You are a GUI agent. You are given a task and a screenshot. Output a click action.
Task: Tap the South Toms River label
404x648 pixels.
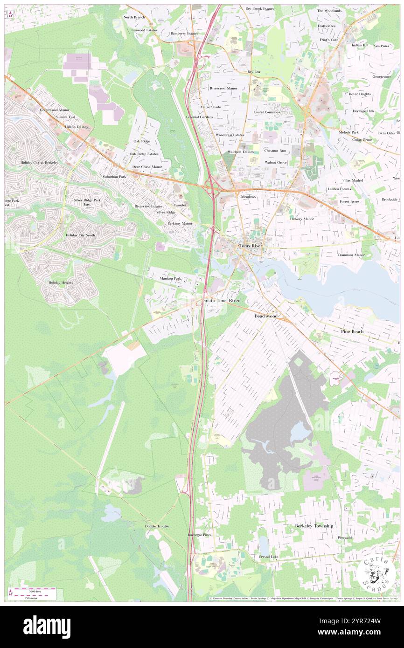(221, 301)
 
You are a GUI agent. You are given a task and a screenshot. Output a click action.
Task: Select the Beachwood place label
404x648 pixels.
(266, 316)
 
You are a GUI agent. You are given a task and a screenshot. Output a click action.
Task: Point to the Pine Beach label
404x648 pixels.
(352, 331)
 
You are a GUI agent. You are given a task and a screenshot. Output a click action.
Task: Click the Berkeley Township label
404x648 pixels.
(314, 526)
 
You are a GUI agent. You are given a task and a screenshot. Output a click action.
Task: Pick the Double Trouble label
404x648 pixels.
(157, 526)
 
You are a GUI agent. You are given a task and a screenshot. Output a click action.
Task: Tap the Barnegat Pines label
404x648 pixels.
(199, 535)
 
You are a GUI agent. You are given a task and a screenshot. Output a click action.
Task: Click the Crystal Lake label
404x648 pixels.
(269, 557)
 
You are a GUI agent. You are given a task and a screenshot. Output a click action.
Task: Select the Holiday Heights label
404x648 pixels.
(61, 283)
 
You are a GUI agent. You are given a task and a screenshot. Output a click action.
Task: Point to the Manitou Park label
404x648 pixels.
(170, 278)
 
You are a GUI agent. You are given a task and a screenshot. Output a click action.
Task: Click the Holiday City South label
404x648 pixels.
(80, 235)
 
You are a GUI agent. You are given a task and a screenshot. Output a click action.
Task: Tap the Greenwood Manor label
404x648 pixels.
(55, 110)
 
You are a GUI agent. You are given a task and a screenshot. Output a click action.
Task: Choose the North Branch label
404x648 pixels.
(134, 17)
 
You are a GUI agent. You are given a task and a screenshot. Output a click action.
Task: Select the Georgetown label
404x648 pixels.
(382, 76)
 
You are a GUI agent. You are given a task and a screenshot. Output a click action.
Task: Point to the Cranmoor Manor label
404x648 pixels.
(351, 255)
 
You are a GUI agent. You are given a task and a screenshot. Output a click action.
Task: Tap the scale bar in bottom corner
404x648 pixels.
(32, 593)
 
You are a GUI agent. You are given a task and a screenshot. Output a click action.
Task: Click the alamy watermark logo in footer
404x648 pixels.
(47, 625)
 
